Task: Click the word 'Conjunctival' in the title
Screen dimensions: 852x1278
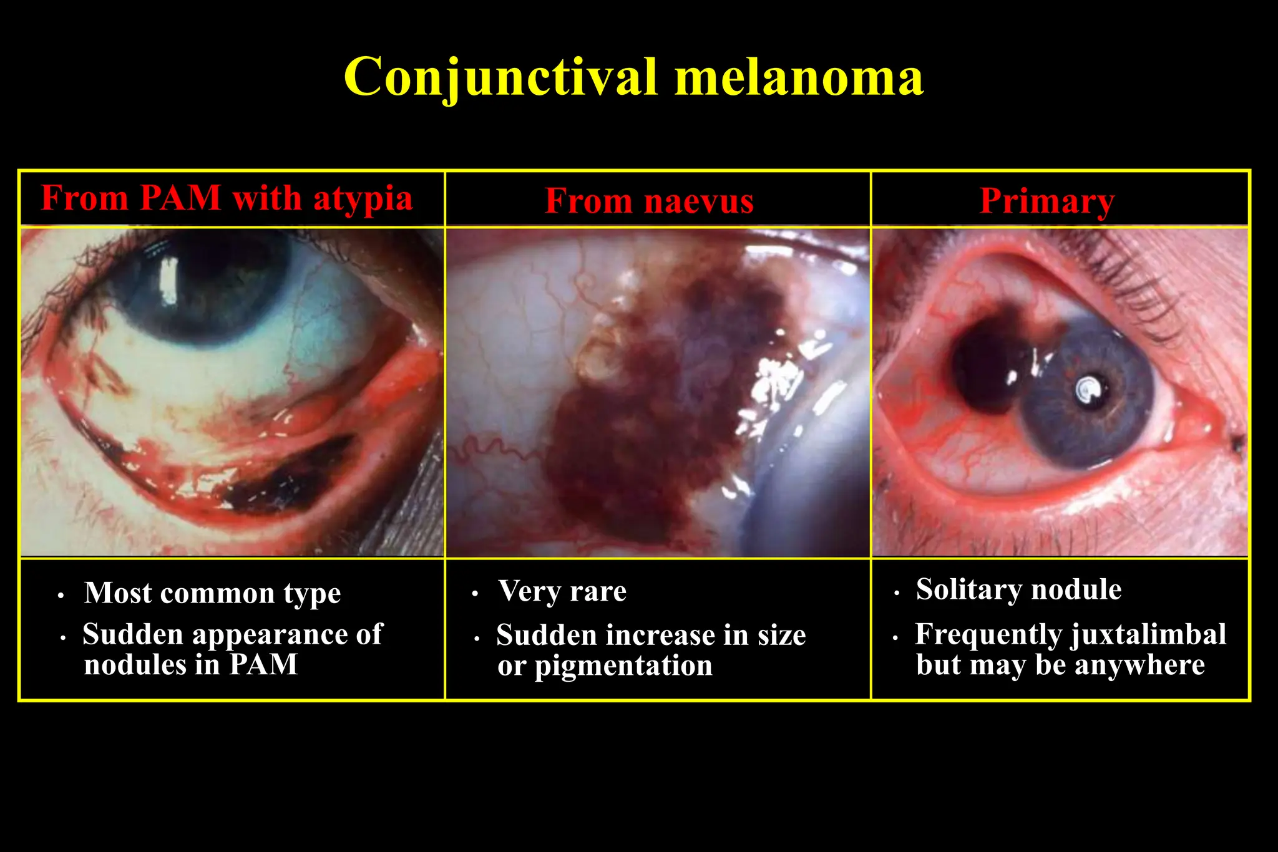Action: click(x=500, y=77)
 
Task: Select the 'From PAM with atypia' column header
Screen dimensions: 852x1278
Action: click(x=227, y=198)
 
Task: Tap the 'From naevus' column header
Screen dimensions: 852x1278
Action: click(x=649, y=201)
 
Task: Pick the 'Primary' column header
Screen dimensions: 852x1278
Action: click(x=1046, y=201)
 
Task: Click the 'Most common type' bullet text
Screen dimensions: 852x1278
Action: click(x=212, y=593)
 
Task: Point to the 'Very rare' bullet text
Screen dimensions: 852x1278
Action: click(x=562, y=591)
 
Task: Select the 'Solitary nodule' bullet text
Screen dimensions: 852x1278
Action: click(x=1018, y=589)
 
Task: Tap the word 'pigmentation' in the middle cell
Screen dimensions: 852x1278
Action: click(x=623, y=666)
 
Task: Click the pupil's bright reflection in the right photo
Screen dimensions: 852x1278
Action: click(x=1090, y=390)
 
